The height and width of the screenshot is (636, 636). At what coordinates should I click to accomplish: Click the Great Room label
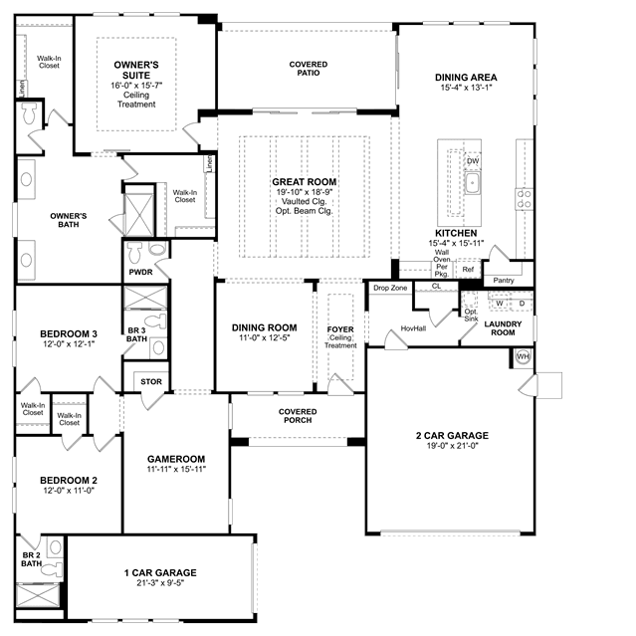coord(305,182)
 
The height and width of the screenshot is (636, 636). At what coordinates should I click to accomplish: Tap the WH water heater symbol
coord(524,357)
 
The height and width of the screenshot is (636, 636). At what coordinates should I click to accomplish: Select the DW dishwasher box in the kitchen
coord(473,161)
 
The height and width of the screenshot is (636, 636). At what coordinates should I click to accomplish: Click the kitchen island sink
coord(472,183)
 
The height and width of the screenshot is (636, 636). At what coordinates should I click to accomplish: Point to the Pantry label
coord(504,281)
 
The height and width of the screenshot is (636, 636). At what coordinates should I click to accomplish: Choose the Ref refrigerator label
coord(468,270)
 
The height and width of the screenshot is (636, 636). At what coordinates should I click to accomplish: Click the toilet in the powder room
coord(134,252)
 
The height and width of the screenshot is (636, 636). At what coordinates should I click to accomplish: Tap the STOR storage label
coord(151,381)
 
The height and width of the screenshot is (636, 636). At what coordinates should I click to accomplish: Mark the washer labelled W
coord(500,304)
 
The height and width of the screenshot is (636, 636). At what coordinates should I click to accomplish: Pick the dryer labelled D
coord(522,304)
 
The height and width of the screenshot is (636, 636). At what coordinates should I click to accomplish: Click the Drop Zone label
coord(390,288)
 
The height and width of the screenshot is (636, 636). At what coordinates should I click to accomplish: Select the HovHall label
coord(413,328)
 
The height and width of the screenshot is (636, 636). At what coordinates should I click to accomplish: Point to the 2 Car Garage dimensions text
coord(452,446)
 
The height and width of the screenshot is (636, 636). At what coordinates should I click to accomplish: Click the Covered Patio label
coord(309,69)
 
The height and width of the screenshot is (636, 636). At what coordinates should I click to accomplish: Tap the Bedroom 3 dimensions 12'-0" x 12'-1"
coord(69,344)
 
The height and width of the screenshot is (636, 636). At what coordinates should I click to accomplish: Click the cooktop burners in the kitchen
coord(525,199)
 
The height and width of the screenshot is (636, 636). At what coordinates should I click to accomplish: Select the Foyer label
coord(340,329)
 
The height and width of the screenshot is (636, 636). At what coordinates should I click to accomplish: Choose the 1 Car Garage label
coord(160,572)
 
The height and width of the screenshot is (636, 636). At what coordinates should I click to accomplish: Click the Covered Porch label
coord(298,416)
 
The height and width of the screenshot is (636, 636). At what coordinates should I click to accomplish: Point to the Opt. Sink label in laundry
coord(471,316)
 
